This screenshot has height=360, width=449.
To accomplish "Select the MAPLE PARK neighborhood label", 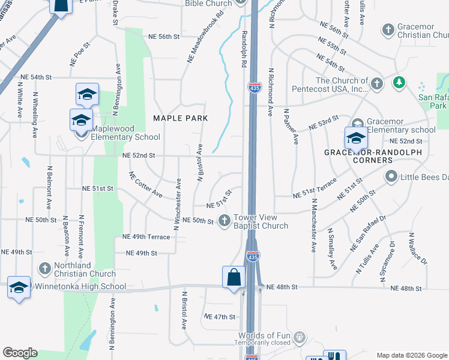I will (180, 118).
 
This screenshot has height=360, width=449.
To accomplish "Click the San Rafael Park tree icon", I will (398, 82).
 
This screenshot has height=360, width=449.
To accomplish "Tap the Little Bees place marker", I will (391, 176).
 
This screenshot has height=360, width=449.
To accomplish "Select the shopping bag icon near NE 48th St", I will (234, 278).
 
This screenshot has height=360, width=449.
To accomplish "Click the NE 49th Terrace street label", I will (146, 237).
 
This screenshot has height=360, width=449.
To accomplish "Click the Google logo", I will (20, 353).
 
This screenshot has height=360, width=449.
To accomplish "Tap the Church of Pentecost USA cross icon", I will (376, 83).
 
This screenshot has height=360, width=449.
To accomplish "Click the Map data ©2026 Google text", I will (411, 355).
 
